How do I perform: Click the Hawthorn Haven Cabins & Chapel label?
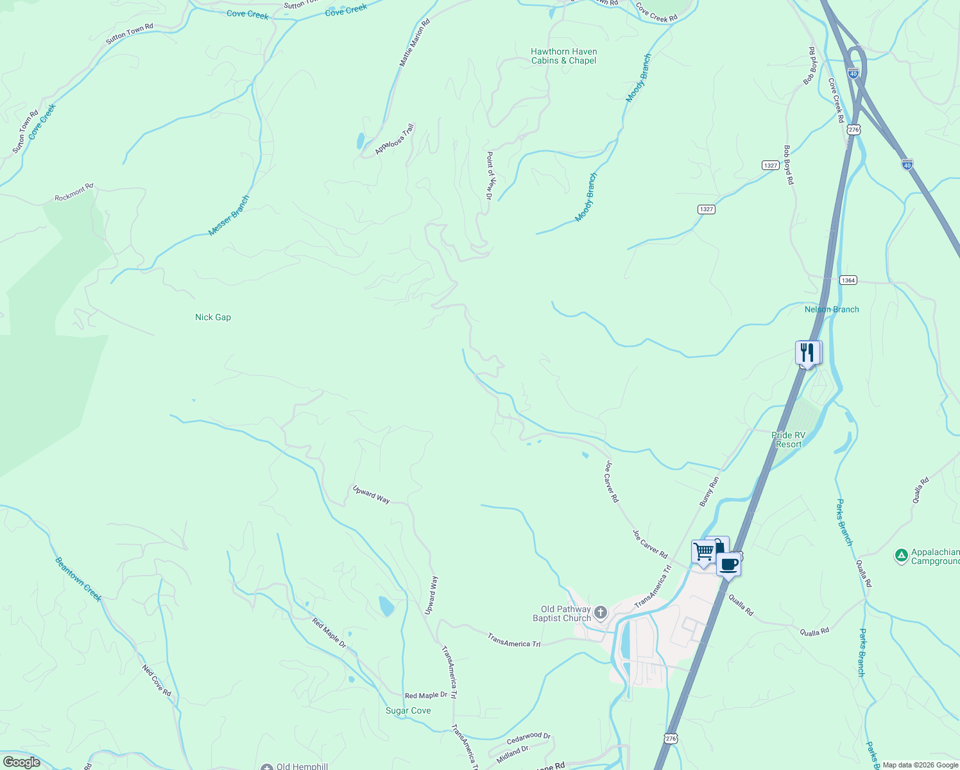[x=563, y=56]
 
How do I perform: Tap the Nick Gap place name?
[x=212, y=317]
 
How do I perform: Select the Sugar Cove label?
[x=408, y=710]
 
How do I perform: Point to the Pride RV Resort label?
[x=788, y=440]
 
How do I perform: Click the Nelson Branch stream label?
[x=832, y=309]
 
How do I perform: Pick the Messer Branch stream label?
[x=228, y=216]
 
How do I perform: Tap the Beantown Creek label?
[x=78, y=579]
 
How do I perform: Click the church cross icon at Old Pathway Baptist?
[x=600, y=612]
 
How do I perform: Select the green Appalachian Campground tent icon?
[x=902, y=555]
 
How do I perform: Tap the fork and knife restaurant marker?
[x=807, y=352]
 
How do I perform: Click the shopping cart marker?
[x=703, y=552]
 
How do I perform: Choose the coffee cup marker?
[x=728, y=565]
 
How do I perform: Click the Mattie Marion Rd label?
[x=415, y=43]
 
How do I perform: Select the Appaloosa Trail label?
[x=395, y=139]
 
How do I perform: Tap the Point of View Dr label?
[x=489, y=175]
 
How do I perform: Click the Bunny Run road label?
[x=709, y=491]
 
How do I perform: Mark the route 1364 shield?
[x=848, y=280]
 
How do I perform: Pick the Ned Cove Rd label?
[x=157, y=680]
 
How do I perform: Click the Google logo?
[x=21, y=762]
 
